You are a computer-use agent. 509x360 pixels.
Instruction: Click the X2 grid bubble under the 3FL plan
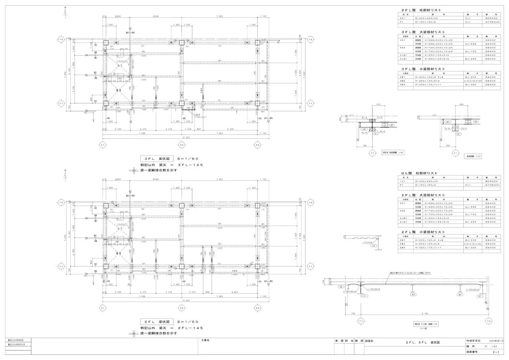tap(181, 145)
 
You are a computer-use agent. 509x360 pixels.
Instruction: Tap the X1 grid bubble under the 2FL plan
tap(103, 308)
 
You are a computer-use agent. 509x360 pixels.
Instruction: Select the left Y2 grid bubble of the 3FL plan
tap(61, 40)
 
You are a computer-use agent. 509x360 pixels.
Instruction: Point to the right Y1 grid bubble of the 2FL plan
tap(311, 266)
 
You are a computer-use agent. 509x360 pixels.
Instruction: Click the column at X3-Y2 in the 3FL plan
tap(258, 43)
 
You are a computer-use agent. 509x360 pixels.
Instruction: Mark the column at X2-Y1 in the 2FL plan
tap(182, 267)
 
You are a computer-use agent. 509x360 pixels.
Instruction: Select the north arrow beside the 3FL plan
tap(65, 11)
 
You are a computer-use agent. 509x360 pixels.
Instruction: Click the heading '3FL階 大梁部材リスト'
tap(423, 32)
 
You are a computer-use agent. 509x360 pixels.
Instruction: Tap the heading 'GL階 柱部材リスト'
tap(419, 173)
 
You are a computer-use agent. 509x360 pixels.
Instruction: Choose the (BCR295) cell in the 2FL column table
tap(490, 18)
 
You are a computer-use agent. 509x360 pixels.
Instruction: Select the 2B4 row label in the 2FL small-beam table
tap(403, 248)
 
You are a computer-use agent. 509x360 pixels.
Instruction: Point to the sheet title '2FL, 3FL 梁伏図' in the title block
tap(423, 342)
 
